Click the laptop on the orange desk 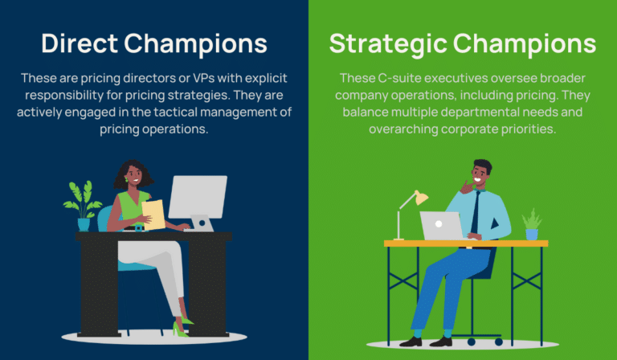(442, 226)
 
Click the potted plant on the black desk (83, 205)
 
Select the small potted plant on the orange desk (531, 224)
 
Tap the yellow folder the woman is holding (153, 215)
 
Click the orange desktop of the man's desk (466, 243)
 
